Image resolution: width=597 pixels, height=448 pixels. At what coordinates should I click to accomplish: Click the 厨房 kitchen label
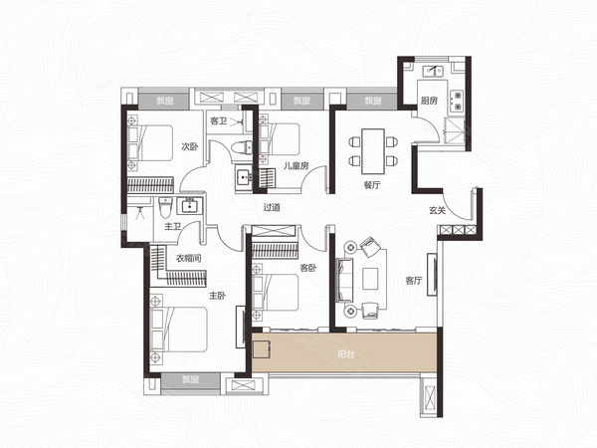click(429, 101)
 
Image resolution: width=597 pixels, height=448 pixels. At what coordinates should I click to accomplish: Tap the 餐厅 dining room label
click(372, 185)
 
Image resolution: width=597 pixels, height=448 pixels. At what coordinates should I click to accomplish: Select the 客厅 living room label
click(414, 281)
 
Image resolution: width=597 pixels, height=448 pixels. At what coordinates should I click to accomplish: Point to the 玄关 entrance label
click(437, 210)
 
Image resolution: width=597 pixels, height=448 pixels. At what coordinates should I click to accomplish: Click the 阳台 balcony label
click(345, 353)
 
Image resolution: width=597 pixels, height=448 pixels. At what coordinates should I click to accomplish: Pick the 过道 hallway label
click(272, 207)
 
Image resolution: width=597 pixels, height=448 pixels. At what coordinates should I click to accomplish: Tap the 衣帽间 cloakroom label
click(188, 258)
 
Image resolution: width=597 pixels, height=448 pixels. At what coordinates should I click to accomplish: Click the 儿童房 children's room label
click(296, 165)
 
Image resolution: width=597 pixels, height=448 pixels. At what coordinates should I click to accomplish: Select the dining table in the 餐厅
click(373, 151)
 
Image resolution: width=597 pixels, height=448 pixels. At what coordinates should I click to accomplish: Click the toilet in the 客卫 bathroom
click(242, 147)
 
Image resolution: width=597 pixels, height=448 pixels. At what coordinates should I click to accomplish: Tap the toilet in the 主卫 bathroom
click(165, 207)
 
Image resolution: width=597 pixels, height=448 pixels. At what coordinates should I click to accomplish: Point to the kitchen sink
click(433, 71)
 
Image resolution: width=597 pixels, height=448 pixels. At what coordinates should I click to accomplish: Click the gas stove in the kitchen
click(456, 101)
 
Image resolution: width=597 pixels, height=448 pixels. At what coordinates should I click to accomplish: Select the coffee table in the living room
click(370, 279)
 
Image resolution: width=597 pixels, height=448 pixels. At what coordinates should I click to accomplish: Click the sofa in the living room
click(344, 280)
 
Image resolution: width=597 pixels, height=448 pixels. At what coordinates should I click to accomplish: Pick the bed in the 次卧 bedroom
click(150, 142)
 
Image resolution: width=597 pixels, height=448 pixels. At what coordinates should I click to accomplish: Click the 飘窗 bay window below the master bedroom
click(190, 380)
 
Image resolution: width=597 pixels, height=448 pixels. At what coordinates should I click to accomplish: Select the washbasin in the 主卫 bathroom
click(189, 205)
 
